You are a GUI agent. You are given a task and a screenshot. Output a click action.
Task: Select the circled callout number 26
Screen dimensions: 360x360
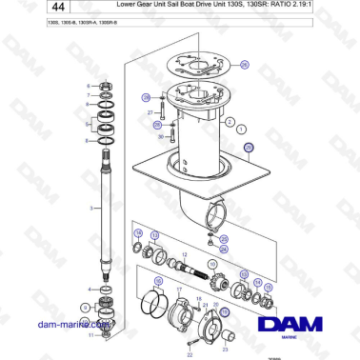point(244,64)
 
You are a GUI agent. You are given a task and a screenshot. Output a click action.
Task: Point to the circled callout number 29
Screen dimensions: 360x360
point(146,97)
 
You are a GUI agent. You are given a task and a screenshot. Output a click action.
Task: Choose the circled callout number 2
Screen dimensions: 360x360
point(230,122)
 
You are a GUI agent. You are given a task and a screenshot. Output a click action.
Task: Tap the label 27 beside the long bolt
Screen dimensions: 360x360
point(150,113)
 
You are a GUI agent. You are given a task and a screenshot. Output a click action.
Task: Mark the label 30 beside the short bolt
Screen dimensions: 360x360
point(160,136)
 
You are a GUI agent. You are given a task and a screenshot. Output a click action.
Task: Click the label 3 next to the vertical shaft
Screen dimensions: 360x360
point(90,208)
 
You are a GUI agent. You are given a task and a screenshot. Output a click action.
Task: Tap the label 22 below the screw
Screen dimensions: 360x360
point(190,352)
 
